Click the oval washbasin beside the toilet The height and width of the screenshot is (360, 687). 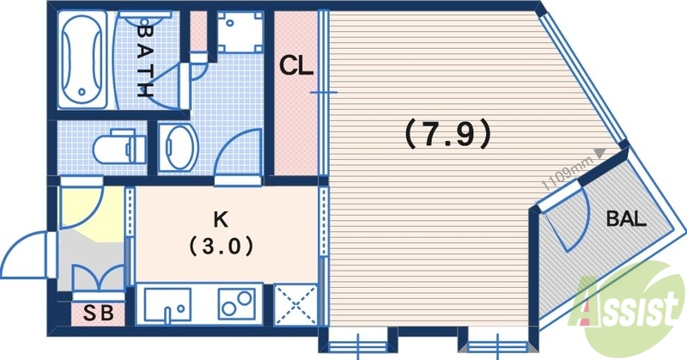[x=179, y=146]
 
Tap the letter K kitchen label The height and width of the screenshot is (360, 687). [x=222, y=217]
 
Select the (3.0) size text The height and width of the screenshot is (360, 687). [x=221, y=246]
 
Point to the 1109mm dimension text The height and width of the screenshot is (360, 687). [x=566, y=171]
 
